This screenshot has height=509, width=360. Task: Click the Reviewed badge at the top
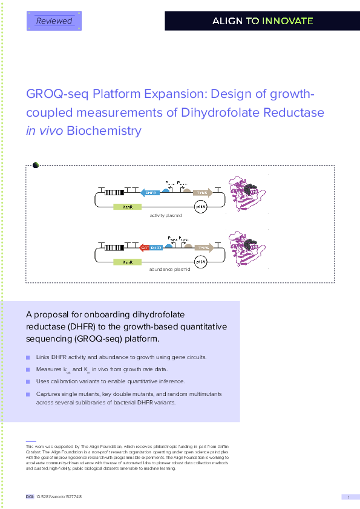point(54,21)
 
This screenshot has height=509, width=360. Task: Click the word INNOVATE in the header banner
point(287,21)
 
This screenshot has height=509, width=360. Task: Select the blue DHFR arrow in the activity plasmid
point(149,193)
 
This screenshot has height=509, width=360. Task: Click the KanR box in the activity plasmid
point(127,207)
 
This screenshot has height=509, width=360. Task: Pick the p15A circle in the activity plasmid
point(201,207)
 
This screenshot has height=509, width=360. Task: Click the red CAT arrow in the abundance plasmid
point(144,247)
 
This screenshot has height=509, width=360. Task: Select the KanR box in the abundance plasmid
point(127,262)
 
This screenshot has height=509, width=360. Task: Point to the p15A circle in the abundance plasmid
point(201,262)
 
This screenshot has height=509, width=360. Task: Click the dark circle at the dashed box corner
point(35,164)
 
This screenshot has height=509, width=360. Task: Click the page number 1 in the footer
point(349,497)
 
